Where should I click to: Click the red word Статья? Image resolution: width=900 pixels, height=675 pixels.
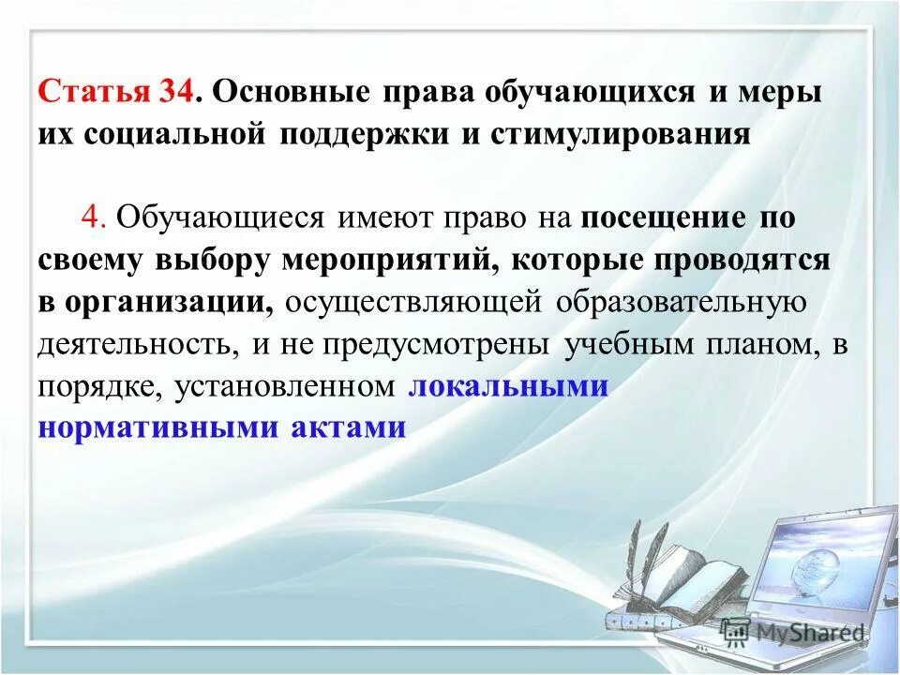pos(93,94)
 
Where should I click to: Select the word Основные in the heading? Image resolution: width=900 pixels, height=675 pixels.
pos(292,94)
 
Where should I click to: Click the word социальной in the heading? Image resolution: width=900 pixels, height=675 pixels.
pos(180,134)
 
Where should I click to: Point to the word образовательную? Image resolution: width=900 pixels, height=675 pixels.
pos(681,302)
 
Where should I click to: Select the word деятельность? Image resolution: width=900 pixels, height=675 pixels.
pos(138,343)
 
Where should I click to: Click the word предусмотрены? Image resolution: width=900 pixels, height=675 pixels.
pos(437,343)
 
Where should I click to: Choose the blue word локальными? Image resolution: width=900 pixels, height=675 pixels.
pos(509,385)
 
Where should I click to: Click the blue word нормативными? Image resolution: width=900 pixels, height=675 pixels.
pos(158,427)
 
